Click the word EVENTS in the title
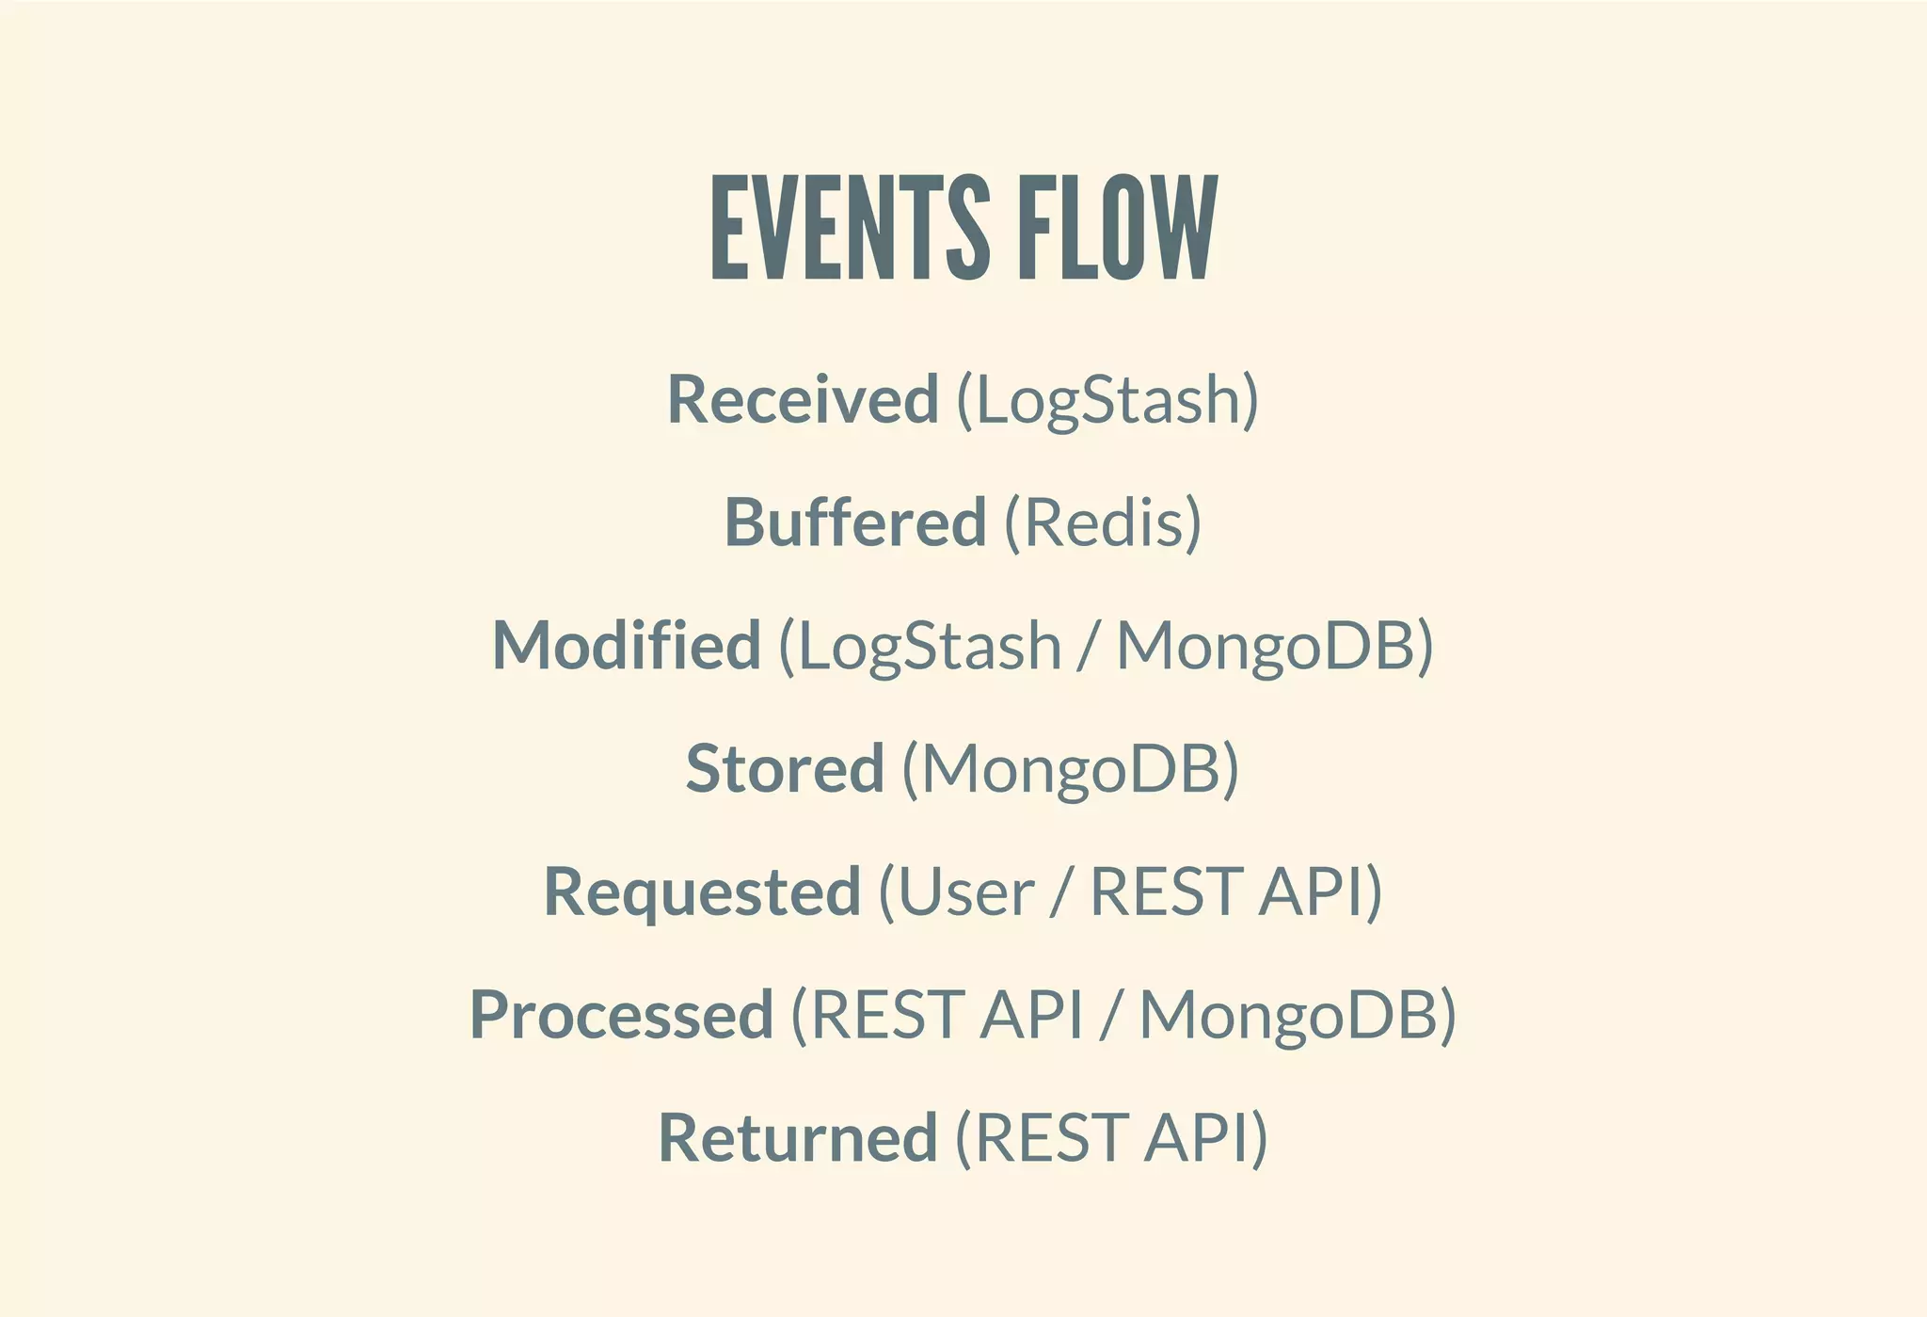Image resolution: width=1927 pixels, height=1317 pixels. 850,228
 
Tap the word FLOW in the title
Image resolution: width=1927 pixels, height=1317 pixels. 1118,228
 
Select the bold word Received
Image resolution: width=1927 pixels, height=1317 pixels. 803,399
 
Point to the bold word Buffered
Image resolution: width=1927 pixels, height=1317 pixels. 854,522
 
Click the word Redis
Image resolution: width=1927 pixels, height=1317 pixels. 1102,522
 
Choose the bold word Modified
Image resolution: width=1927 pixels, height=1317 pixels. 626,646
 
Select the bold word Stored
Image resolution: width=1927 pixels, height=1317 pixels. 785,768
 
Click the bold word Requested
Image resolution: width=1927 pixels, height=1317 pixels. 702,892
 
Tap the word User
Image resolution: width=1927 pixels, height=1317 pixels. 965,892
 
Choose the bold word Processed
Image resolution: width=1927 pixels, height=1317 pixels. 621,1015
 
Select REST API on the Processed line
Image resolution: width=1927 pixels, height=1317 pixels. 947,1015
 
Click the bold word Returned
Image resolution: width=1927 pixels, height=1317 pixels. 797,1137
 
